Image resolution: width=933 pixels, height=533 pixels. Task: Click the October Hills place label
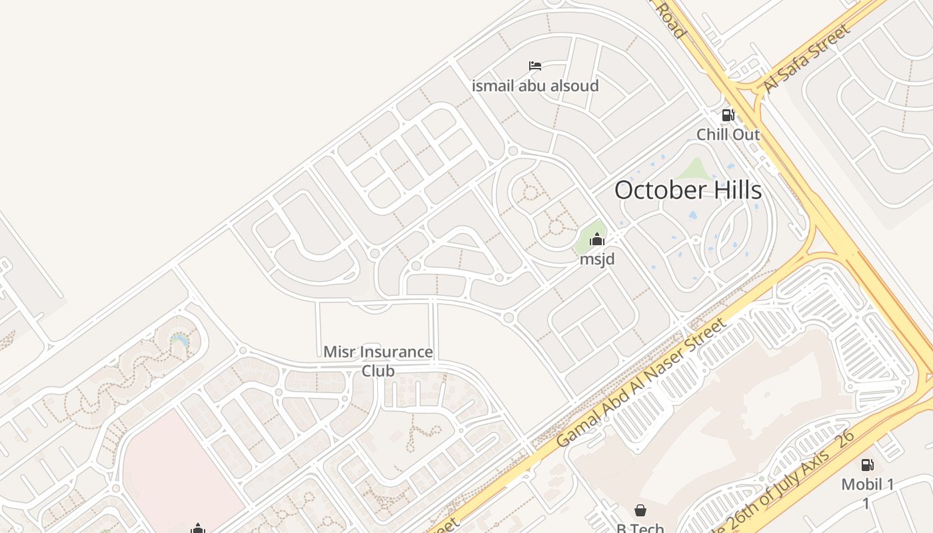point(688,191)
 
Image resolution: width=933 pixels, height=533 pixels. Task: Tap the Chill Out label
point(728,135)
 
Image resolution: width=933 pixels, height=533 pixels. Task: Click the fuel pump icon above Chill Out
point(728,115)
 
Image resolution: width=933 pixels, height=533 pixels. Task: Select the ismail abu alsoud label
point(535,86)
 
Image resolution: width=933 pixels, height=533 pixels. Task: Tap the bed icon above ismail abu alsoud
point(535,66)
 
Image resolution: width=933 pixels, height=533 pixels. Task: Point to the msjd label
point(596,259)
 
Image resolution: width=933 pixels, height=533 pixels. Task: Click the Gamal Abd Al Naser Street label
point(641,382)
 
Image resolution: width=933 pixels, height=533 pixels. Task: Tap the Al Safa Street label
point(806,59)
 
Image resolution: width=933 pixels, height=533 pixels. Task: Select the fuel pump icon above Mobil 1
point(867,465)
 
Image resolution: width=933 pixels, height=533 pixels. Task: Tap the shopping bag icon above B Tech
point(640,510)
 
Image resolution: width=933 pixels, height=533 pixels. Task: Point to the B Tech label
point(640,528)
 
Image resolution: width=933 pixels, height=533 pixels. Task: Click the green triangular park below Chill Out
point(694,170)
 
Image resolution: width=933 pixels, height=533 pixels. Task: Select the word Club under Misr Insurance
point(378,371)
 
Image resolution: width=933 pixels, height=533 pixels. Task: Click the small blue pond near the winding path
point(180,340)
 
